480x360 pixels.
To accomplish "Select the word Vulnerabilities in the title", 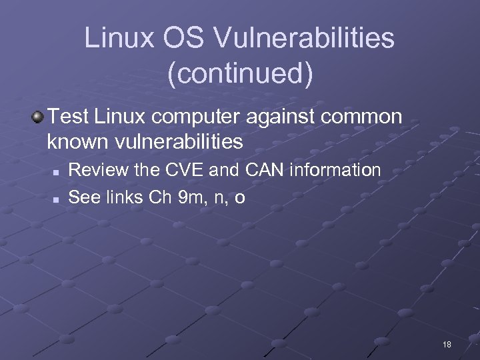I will point(303,40).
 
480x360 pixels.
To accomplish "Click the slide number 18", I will point(447,345).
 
